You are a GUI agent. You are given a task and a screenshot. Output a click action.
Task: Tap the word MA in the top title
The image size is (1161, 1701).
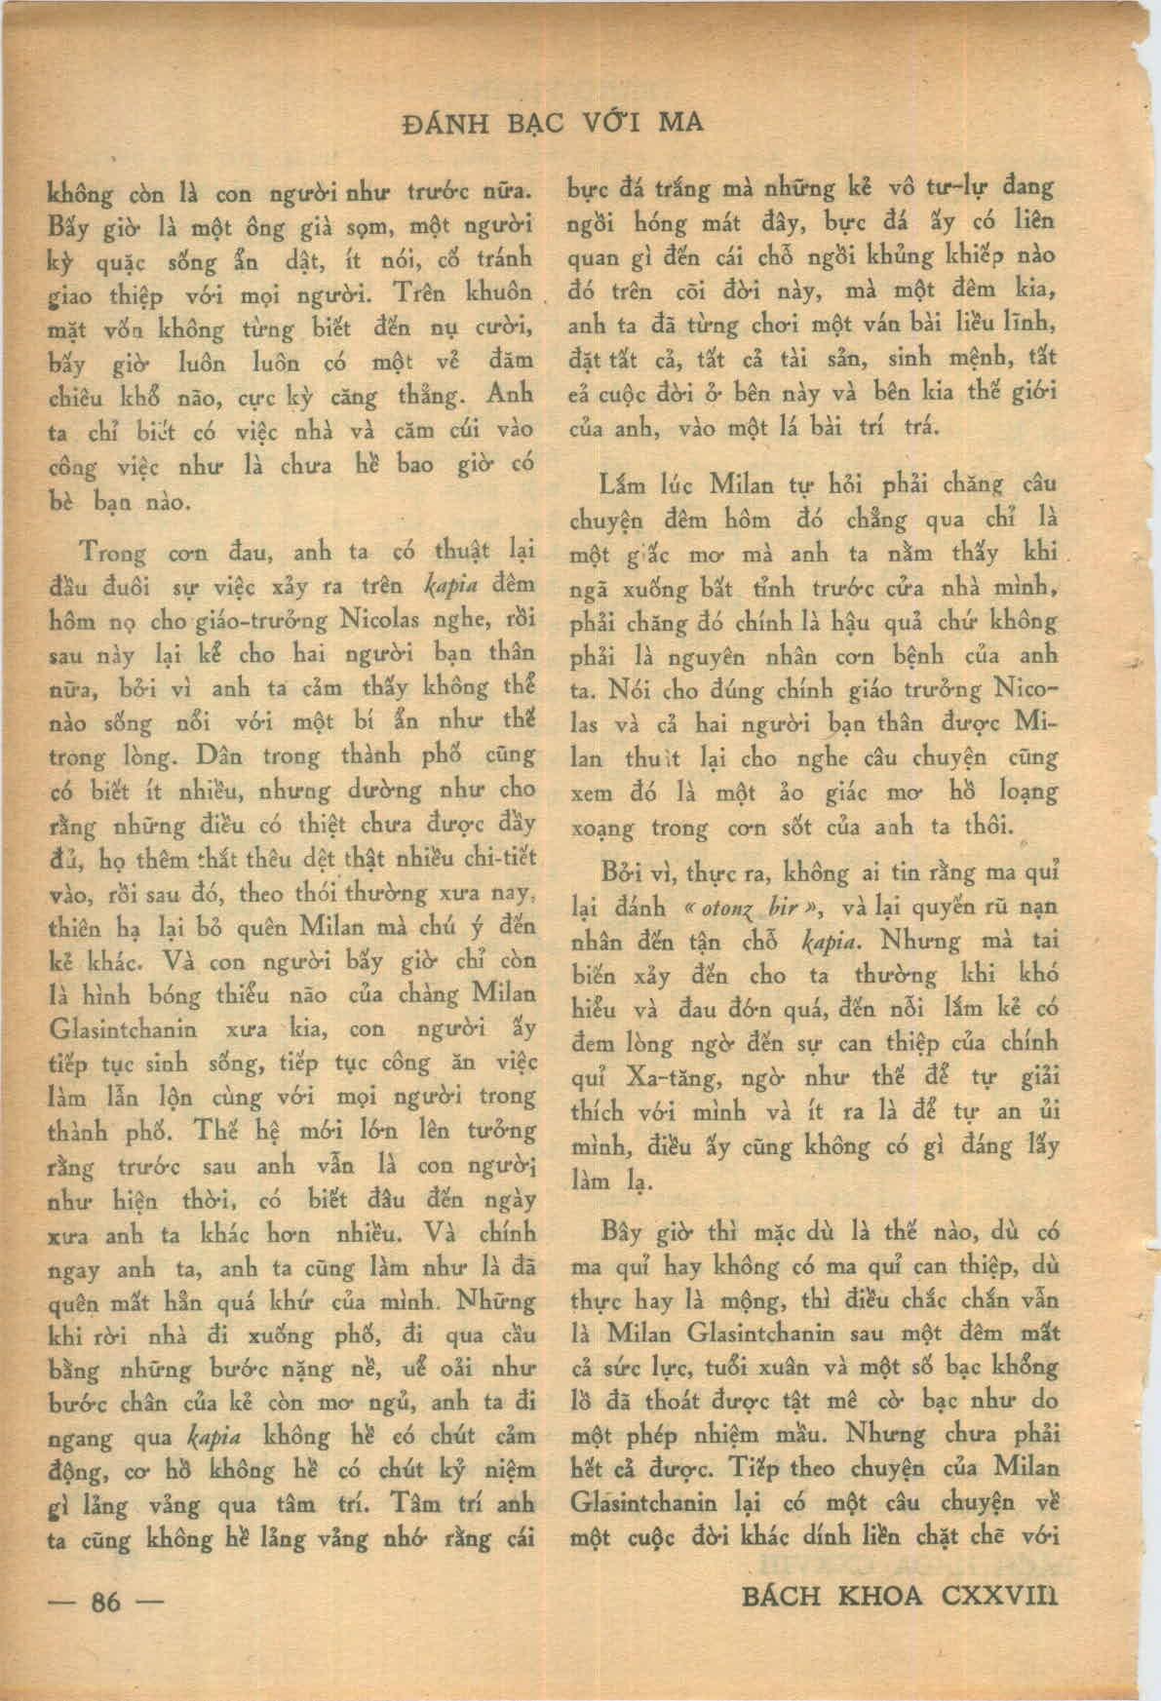[681, 123]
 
